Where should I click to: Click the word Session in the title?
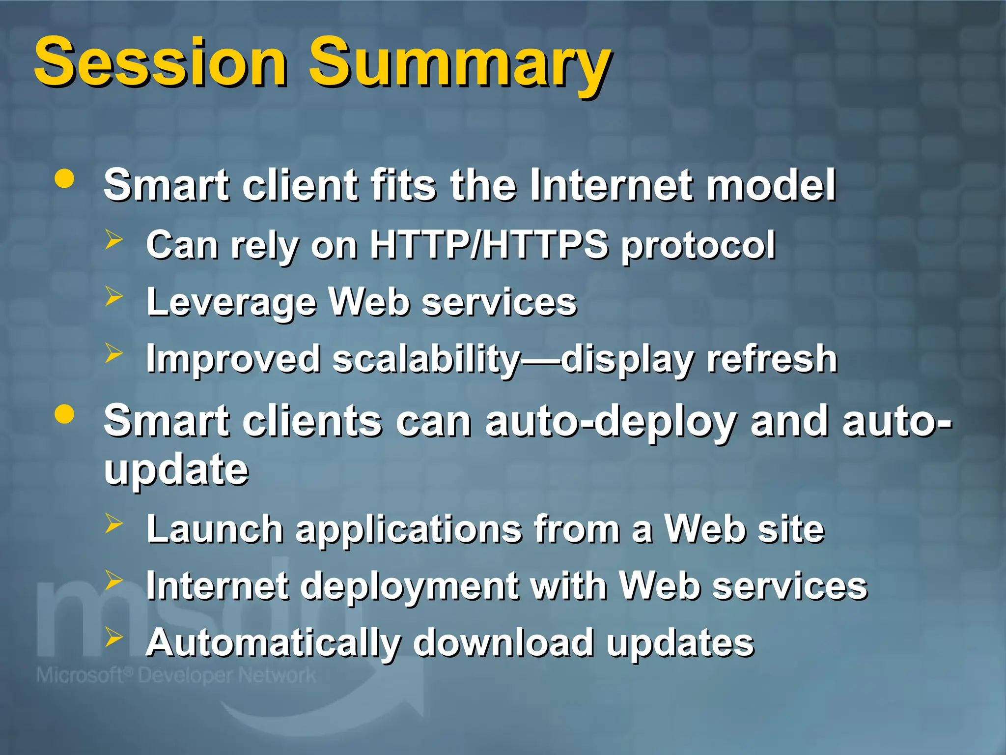point(161,62)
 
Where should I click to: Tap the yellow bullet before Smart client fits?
point(64,179)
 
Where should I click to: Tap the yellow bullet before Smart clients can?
point(64,414)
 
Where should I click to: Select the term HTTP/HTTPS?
point(489,244)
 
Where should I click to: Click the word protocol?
point(698,245)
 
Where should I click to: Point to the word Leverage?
point(231,302)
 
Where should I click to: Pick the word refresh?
point(772,359)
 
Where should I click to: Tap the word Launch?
point(215,529)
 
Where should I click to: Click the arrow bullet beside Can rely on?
point(113,239)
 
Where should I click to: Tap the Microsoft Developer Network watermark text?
point(176,675)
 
